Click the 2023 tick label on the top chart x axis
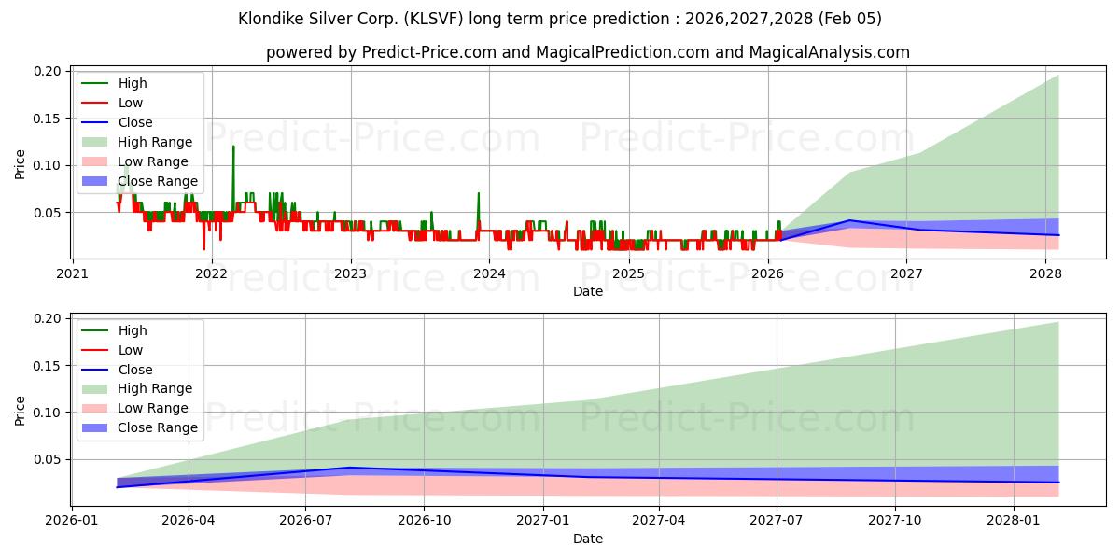[350, 273]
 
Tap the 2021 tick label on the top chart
[72, 273]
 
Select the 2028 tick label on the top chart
[1045, 273]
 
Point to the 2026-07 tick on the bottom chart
[306, 521]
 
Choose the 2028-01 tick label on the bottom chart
[1013, 521]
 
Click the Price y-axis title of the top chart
[21, 163]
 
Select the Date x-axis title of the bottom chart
[587, 539]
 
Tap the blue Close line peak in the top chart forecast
[848, 221]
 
